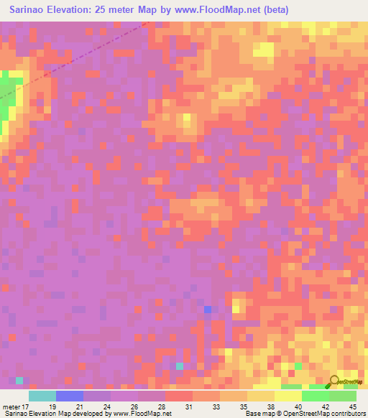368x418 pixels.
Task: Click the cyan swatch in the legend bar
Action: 42,395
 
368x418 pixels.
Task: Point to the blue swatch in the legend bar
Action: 70,395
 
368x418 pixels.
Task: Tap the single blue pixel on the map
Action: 208,309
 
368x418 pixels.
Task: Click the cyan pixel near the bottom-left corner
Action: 19,380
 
